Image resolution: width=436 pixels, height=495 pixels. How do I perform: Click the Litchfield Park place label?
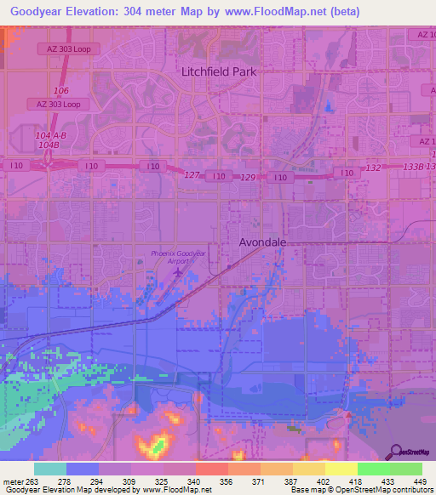[218, 71]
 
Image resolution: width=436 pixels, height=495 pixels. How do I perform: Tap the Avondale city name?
[261, 242]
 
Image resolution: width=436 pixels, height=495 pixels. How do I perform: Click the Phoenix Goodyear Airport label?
[179, 258]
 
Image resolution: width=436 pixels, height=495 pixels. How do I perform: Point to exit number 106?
[60, 90]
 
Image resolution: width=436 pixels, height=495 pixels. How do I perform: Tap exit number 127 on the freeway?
[192, 174]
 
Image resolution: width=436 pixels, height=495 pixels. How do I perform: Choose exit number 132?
[373, 168]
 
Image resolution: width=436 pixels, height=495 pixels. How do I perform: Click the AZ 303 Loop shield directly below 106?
[58, 104]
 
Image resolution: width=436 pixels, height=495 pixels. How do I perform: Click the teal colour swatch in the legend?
[49, 469]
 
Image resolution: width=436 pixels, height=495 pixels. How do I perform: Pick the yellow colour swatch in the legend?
[341, 469]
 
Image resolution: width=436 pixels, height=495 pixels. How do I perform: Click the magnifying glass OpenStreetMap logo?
[395, 452]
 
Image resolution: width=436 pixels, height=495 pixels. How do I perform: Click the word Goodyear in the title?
[41, 12]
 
